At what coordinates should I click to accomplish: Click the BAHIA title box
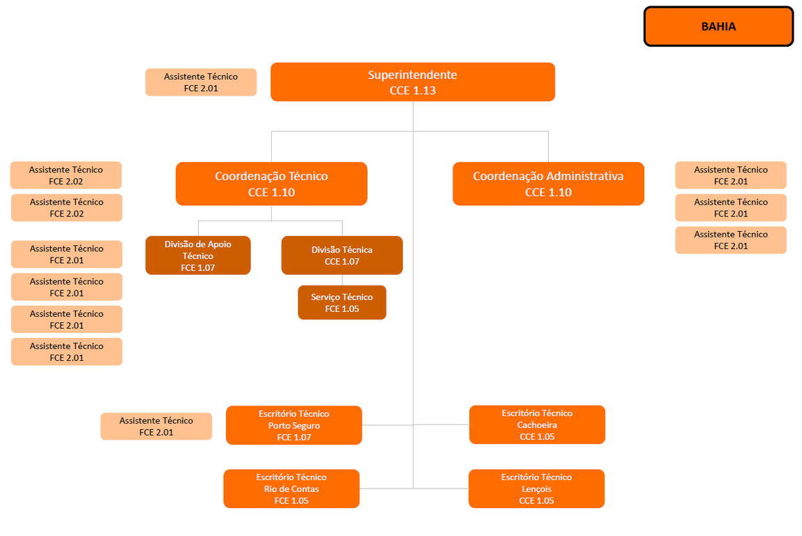pos(718,27)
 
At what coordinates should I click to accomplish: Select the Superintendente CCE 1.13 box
pos(412,82)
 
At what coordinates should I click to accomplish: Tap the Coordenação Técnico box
pos(271,184)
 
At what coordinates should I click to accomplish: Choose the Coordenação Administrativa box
pos(548,184)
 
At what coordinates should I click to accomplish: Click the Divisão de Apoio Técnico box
pos(198,255)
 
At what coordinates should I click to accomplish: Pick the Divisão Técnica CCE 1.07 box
pos(342,255)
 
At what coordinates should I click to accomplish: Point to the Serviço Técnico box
pos(342,302)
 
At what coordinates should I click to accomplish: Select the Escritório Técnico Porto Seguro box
pos(294,425)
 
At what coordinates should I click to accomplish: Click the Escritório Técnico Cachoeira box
pos(537,424)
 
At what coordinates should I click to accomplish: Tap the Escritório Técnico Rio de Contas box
pos(292,489)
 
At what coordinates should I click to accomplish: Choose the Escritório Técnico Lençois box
pos(536,489)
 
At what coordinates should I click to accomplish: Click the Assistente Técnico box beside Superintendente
pos(201,82)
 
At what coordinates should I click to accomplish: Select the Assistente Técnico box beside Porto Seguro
pos(156,426)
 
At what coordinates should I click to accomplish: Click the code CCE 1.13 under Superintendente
pos(413,91)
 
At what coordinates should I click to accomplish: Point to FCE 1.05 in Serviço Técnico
pos(342,309)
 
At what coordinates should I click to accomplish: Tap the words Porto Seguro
pos(294,426)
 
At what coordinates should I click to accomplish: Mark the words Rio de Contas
pos(292,489)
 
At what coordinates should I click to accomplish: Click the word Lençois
pos(536,489)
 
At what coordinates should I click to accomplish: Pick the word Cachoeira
pos(537,425)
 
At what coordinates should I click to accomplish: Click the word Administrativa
pos(584,177)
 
